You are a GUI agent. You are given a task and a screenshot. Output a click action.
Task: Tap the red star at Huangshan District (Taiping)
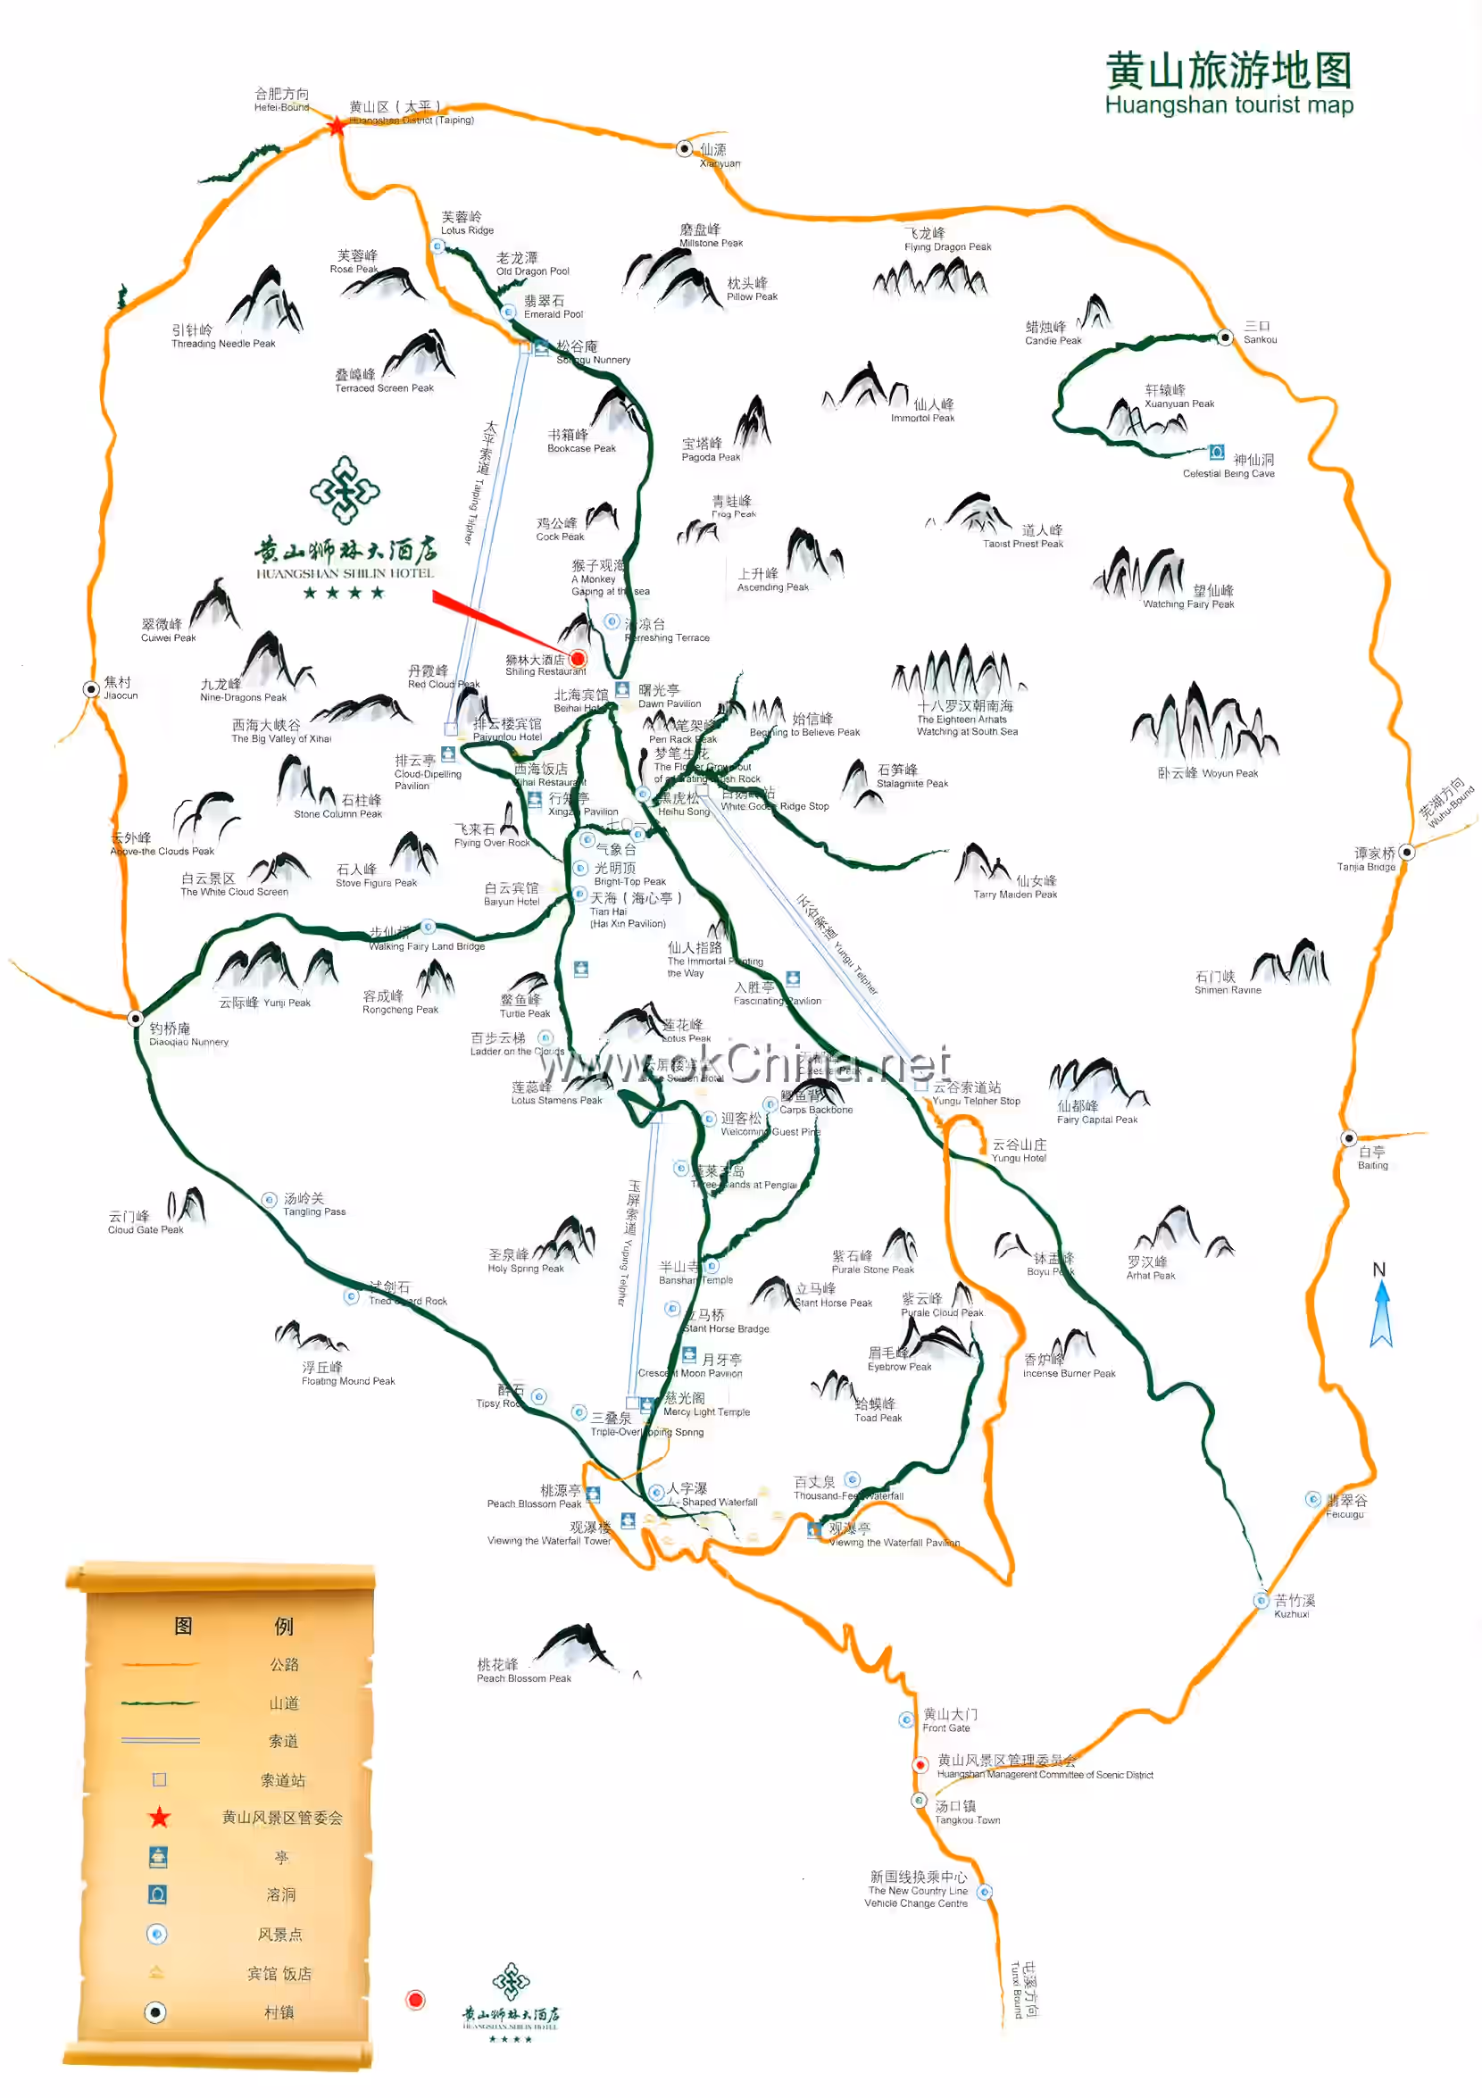337,126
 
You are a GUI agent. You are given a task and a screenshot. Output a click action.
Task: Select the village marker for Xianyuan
684,148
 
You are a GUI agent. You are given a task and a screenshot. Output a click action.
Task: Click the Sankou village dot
1225,337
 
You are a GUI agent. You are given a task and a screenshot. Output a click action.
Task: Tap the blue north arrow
1380,1313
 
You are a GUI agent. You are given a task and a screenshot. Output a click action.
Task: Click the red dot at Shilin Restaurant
578,658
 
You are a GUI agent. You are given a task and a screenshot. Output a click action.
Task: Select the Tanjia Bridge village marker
1406,852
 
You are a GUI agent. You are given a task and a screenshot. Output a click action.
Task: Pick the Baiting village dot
1348,1137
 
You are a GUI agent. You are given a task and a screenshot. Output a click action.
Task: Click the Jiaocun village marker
91,689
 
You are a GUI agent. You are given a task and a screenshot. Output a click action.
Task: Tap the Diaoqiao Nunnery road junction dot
135,1018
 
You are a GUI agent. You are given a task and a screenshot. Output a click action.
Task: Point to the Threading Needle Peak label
222,337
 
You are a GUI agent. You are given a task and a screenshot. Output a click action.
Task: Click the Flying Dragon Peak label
946,239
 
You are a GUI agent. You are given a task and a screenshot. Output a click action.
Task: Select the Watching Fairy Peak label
1187,596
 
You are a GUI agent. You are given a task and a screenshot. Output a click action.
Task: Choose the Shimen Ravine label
1226,983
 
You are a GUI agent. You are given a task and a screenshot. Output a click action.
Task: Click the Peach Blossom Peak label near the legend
522,1670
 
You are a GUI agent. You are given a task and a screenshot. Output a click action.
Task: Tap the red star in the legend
159,1817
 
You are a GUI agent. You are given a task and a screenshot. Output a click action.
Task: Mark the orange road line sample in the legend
159,1664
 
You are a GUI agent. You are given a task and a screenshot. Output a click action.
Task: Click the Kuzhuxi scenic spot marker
1260,1600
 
